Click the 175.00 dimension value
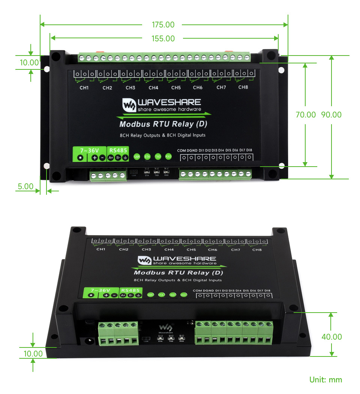(163, 25)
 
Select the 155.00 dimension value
(163, 38)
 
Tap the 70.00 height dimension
(306, 115)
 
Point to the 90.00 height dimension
(331, 115)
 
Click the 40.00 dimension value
(331, 337)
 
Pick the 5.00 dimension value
(25, 186)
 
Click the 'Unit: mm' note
(325, 379)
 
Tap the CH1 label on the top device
(84, 88)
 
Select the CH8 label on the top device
(243, 87)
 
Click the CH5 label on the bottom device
(191, 250)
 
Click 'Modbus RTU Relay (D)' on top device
(163, 124)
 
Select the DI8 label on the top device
(249, 150)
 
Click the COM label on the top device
(181, 150)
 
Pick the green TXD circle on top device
(158, 156)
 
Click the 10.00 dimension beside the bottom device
(33, 353)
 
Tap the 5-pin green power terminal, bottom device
(118, 332)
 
